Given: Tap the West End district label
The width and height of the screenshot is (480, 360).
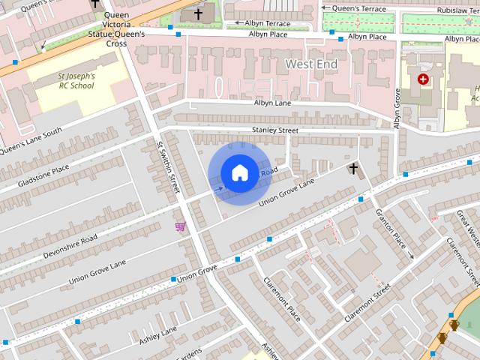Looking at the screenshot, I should click(311, 64).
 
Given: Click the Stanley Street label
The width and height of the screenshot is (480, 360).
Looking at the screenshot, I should click(274, 130).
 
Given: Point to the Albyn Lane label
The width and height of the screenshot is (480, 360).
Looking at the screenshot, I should click(271, 103).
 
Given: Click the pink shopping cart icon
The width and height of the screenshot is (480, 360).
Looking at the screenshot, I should click(180, 226).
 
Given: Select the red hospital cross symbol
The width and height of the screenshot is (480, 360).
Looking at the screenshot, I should click(424, 79).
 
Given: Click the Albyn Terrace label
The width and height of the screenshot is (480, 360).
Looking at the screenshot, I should click(268, 23).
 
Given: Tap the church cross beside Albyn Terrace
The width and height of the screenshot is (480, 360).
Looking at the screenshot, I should click(198, 13).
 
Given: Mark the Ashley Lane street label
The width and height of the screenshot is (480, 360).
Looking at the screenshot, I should click(157, 334).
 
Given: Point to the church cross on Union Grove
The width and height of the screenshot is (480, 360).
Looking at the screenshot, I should click(354, 169).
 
